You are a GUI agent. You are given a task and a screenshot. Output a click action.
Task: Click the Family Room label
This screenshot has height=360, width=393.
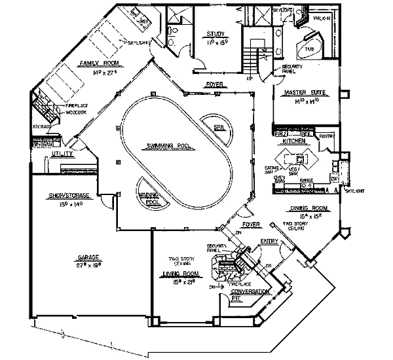(98, 63)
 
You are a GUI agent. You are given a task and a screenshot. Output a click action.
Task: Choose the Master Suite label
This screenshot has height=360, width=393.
(301, 94)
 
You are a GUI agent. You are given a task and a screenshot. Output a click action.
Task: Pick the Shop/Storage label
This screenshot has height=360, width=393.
(69, 195)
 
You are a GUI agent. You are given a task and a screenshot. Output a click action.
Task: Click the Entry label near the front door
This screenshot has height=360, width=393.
(269, 241)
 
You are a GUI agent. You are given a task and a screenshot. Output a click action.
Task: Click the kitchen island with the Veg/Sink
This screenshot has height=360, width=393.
(298, 158)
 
